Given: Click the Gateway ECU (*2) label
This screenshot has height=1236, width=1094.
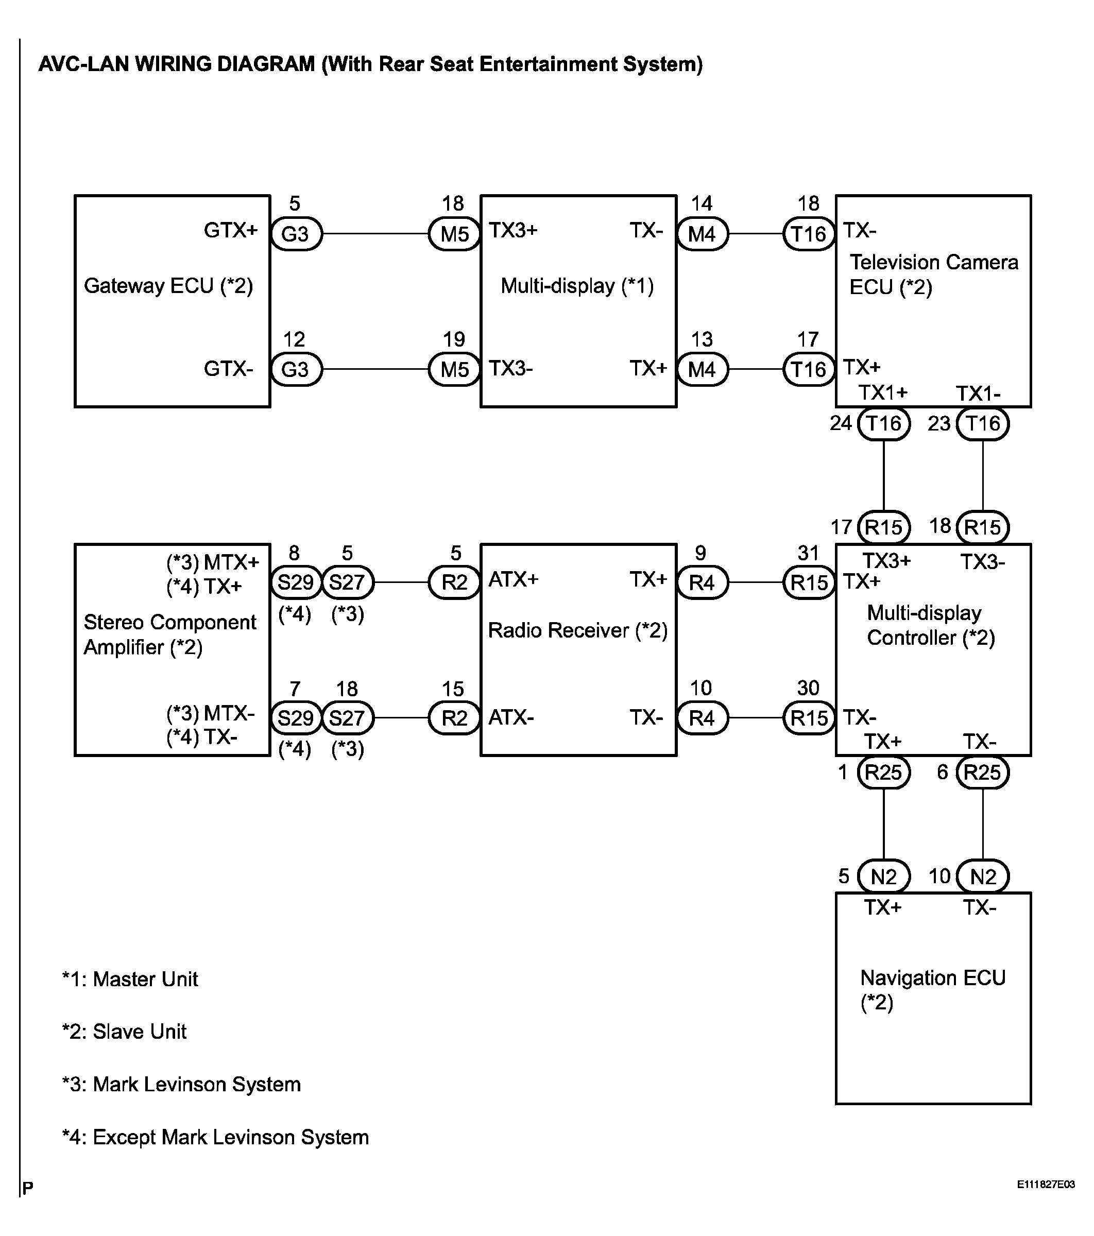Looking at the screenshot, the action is tap(168, 285).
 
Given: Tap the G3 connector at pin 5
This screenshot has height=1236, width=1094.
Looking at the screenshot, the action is tap(296, 234).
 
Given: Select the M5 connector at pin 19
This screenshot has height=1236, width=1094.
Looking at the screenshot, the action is tap(454, 369).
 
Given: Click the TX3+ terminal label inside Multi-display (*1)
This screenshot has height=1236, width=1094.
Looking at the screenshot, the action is tap(514, 230).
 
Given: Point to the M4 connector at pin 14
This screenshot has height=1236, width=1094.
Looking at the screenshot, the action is tap(702, 234).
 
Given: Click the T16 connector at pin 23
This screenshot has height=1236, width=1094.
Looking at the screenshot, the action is tap(983, 423).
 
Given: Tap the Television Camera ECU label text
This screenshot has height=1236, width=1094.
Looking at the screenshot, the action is tap(934, 274).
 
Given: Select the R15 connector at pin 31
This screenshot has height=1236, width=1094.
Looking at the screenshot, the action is tap(809, 582).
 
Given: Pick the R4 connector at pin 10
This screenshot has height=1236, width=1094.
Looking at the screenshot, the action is tap(702, 718).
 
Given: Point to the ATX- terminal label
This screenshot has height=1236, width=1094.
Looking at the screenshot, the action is tap(511, 718).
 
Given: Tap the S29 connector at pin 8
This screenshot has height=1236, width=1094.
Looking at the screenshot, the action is tap(296, 582).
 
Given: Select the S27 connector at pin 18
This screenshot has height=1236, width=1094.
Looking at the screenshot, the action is tap(348, 718).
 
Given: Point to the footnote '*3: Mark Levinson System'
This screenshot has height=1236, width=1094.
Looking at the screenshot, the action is tap(181, 1084).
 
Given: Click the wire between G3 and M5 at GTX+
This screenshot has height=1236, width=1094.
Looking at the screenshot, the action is tap(375, 233).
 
